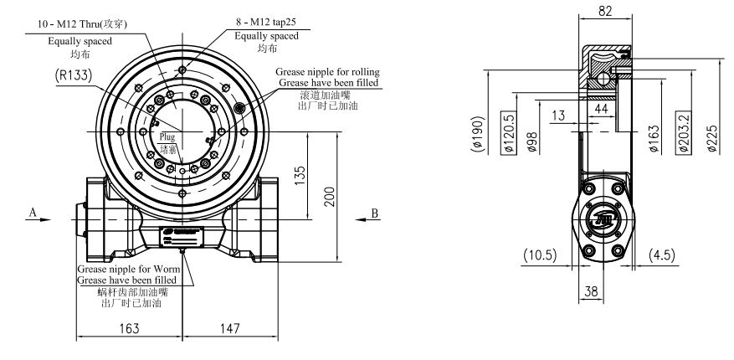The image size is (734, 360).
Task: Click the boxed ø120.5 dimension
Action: point(507,132)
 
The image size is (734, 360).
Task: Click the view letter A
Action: point(32,213)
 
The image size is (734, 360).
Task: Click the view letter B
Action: point(375,213)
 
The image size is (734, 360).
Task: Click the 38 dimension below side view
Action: point(591,293)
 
